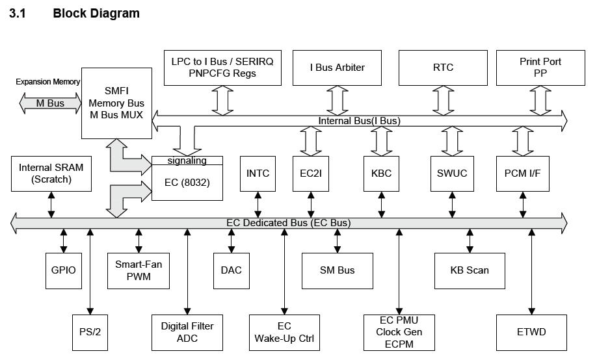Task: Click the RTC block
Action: [x=443, y=68]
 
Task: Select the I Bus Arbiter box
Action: [x=338, y=68]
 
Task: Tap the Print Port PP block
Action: [x=540, y=68]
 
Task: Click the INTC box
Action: [x=258, y=174]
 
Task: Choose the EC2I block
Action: [x=311, y=174]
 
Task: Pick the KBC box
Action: [x=381, y=174]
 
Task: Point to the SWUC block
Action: [x=452, y=174]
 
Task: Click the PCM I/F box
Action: [x=522, y=174]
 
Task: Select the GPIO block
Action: [x=64, y=270]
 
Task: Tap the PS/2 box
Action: [x=90, y=332]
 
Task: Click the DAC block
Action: [x=232, y=270]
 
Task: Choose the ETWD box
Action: [x=532, y=332]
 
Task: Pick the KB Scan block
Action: [x=470, y=270]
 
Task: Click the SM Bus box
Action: [x=338, y=270]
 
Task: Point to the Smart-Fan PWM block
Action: [x=138, y=270]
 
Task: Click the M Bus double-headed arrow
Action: [x=49, y=103]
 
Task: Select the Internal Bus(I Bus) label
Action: [x=359, y=121]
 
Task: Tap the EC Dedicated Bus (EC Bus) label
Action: [x=288, y=223]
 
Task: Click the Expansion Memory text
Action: [x=47, y=82]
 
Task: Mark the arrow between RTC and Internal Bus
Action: [x=443, y=100]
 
